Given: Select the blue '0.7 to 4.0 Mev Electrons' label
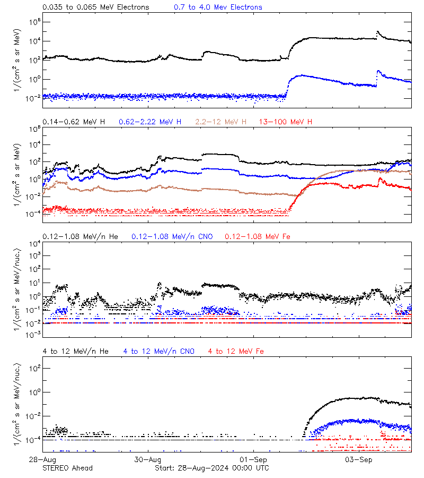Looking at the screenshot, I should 218,7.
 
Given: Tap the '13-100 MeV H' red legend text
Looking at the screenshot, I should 286,122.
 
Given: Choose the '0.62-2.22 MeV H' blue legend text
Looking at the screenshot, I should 150,122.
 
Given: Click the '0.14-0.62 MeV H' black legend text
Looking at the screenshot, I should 74,122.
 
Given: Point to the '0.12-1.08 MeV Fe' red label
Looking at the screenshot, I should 258,236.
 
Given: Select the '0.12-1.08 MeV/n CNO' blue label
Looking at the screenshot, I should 172,236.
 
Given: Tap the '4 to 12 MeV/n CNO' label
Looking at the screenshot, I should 158,351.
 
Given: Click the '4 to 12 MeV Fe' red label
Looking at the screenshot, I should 236,351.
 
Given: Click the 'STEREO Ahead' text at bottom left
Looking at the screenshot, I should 67,468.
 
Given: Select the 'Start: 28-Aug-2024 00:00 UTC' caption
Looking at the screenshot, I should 211,468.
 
